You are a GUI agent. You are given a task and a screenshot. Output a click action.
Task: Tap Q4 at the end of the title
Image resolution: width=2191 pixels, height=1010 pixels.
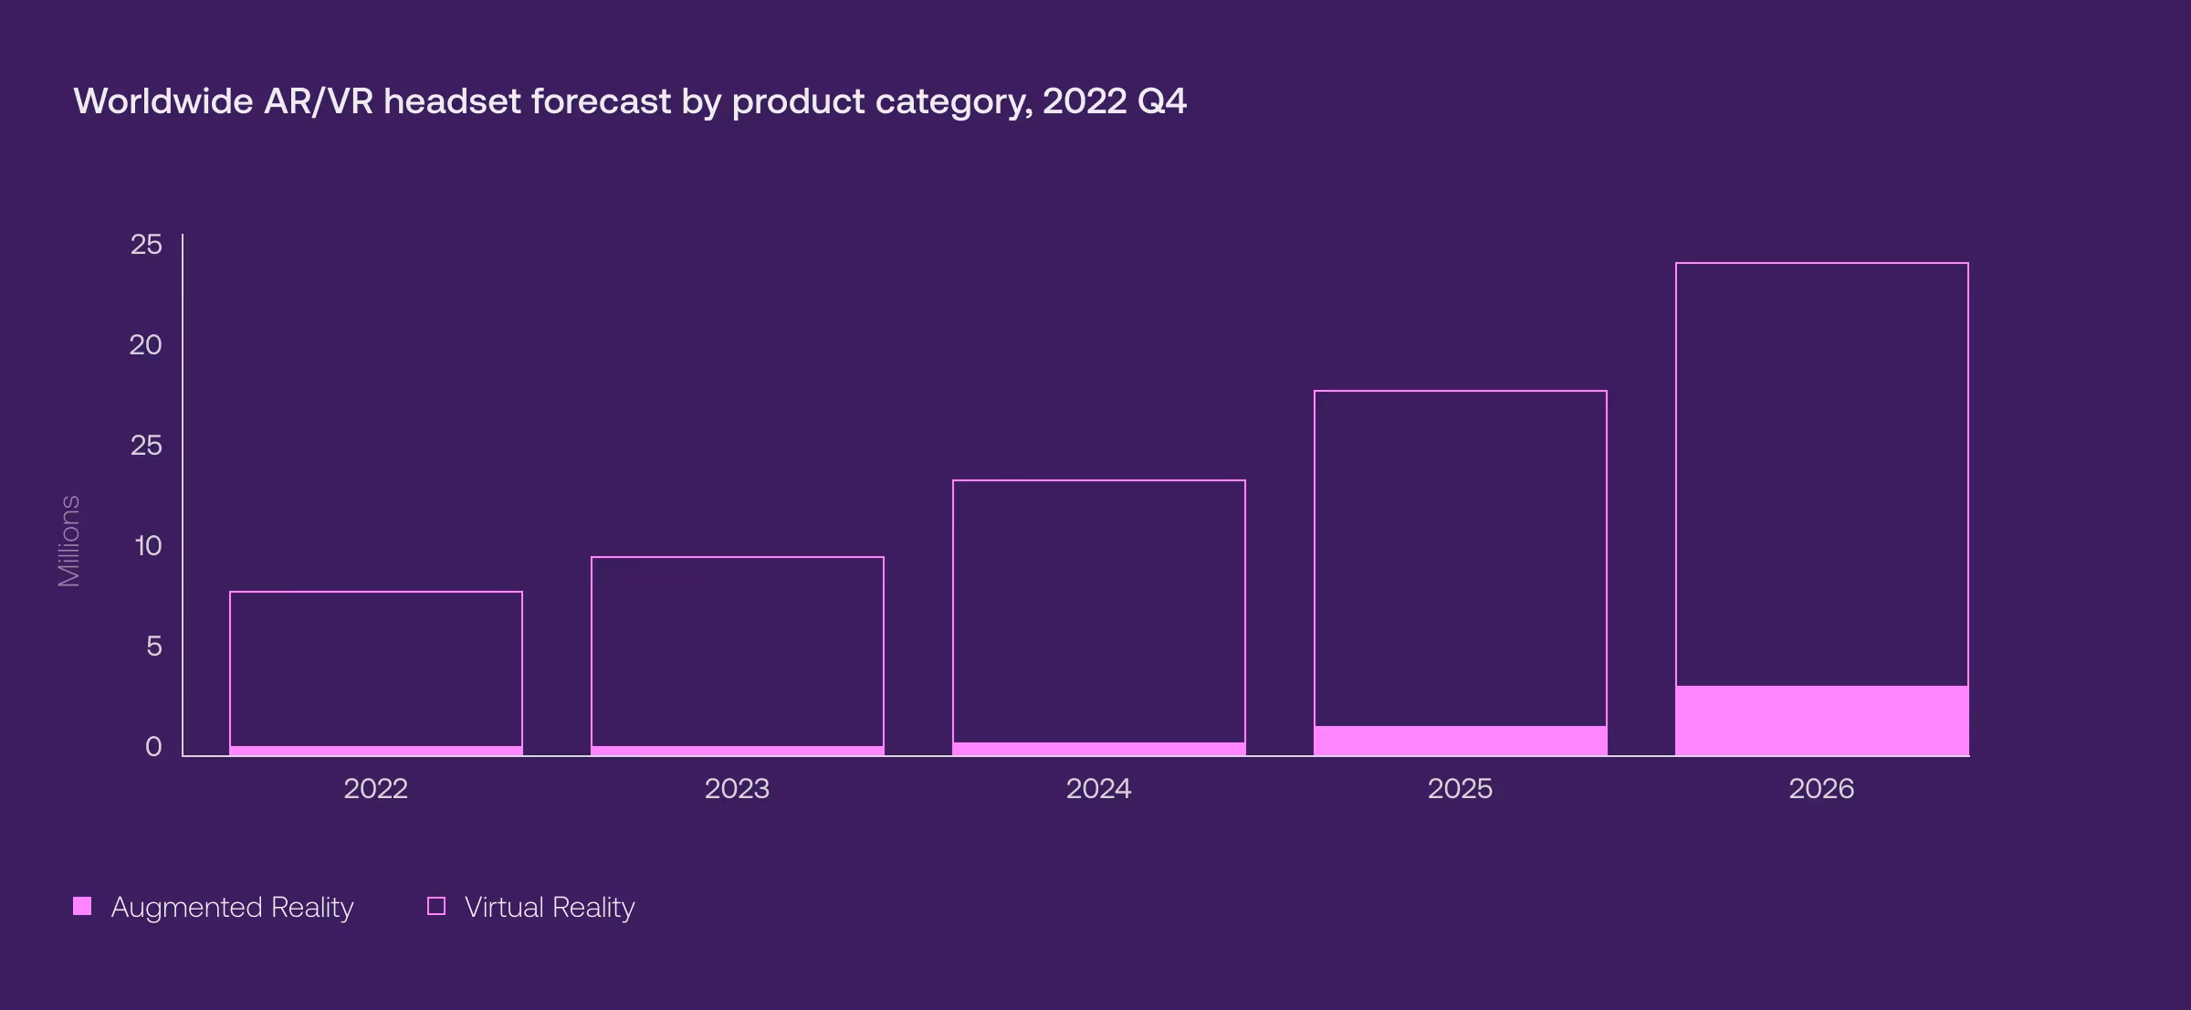click(1161, 101)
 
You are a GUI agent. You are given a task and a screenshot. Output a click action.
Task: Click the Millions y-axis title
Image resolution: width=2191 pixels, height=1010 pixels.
click(69, 541)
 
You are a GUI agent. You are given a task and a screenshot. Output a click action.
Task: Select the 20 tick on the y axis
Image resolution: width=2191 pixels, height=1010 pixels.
click(146, 345)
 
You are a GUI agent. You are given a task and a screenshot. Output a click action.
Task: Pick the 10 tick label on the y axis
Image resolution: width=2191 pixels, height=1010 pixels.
click(148, 546)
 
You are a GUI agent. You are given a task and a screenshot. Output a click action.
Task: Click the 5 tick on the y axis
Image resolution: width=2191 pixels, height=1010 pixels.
click(153, 647)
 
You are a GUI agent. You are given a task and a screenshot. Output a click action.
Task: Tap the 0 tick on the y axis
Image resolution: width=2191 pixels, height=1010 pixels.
click(153, 747)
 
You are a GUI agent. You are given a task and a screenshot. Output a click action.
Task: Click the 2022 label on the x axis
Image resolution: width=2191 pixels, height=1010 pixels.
click(375, 788)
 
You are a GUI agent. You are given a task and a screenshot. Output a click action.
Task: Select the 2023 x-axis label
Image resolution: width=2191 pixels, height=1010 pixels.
click(737, 788)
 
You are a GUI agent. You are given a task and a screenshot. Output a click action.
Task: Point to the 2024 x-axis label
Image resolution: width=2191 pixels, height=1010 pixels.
click(1098, 788)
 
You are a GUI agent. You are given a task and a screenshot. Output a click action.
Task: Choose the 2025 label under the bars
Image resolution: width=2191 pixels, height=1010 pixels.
click(1460, 788)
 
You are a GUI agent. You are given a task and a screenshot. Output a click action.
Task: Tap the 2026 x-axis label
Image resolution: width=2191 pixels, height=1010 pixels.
click(1821, 788)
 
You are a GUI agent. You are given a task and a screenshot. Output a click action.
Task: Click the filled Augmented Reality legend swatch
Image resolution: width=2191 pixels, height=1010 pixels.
click(82, 906)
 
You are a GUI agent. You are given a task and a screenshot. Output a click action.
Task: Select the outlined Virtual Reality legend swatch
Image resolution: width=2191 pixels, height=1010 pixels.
click(436, 906)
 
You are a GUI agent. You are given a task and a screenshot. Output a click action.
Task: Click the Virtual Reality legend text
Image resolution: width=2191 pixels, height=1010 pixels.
click(550, 907)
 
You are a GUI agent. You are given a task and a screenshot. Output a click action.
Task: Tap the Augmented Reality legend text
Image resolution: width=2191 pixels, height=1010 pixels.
click(232, 907)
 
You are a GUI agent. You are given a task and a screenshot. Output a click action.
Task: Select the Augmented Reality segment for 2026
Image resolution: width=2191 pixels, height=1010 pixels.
click(1821, 721)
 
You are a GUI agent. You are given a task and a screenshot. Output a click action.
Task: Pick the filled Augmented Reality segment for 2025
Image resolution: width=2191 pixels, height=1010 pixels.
click(1460, 741)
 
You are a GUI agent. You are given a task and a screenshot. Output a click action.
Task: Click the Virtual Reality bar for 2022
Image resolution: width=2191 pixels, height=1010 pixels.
click(375, 668)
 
